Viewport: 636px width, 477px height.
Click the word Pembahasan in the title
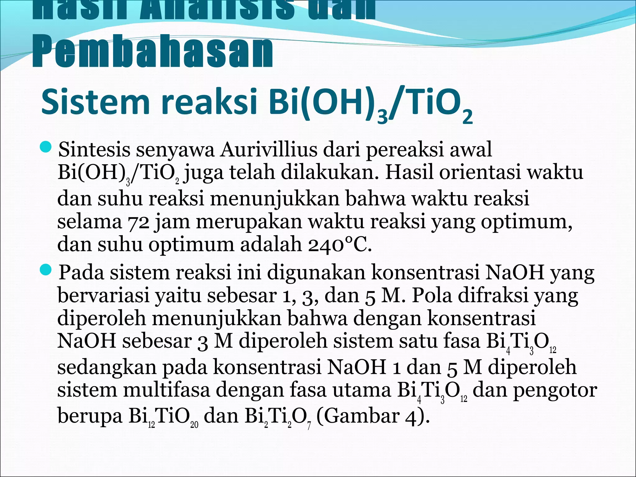152,53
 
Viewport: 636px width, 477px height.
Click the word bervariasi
104,296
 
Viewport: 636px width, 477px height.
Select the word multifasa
166,390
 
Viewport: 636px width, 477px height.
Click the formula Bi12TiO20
163,417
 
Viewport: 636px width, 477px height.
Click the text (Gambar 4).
373,417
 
